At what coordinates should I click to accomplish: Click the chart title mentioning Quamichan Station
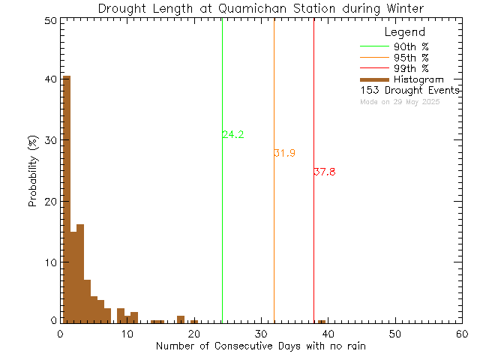262,8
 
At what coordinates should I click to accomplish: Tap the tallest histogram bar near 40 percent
66,195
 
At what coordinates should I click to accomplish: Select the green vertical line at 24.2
222,225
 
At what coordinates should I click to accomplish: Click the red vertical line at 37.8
313,240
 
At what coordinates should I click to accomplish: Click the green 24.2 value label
233,135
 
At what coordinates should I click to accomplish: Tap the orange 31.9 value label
284,153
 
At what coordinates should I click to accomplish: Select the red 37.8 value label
325,172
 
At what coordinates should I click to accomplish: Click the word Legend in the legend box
404,32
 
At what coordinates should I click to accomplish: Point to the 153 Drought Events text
409,90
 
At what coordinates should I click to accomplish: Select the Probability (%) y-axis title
33,171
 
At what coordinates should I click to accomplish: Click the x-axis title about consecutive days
261,346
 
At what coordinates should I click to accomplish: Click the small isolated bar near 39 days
322,322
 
